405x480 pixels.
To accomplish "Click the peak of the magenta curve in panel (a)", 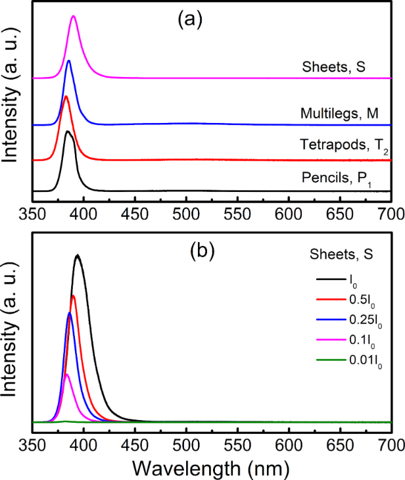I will (74, 16).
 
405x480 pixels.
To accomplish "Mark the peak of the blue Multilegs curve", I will (69, 61).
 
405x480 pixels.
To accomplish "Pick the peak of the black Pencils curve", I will (68, 132).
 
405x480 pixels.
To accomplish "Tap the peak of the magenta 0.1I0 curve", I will (66, 374).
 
